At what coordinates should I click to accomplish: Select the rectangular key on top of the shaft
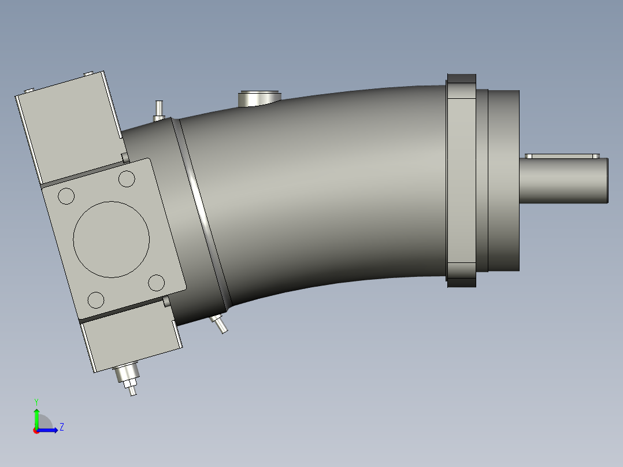[x=562, y=156]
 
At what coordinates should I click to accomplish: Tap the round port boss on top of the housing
[x=259, y=98]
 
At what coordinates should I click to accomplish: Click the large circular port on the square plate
[x=112, y=239]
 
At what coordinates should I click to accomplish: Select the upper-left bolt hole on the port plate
[x=66, y=196]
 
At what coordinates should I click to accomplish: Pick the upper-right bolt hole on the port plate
[x=127, y=179]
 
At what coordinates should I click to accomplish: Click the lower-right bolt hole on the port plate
[x=156, y=283]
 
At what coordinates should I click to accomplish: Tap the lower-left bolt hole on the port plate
[x=96, y=300]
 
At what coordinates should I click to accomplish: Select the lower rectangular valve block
[x=132, y=341]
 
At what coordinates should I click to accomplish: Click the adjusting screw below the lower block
[x=128, y=379]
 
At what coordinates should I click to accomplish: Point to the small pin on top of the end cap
[x=159, y=110]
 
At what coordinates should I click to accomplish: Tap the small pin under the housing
[x=220, y=324]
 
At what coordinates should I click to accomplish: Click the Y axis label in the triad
[x=36, y=401]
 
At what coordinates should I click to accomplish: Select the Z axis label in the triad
[x=61, y=427]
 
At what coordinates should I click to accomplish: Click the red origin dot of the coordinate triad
[x=36, y=431]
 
